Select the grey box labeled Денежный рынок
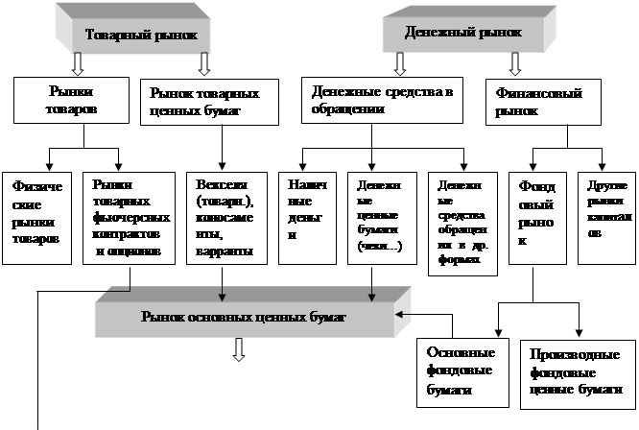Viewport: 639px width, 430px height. (x=463, y=33)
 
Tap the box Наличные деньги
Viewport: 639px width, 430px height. (x=301, y=216)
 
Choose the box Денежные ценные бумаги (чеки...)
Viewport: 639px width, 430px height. (x=374, y=216)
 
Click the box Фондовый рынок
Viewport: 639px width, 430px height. (x=535, y=216)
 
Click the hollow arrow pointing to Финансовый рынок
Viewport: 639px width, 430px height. (x=514, y=64)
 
